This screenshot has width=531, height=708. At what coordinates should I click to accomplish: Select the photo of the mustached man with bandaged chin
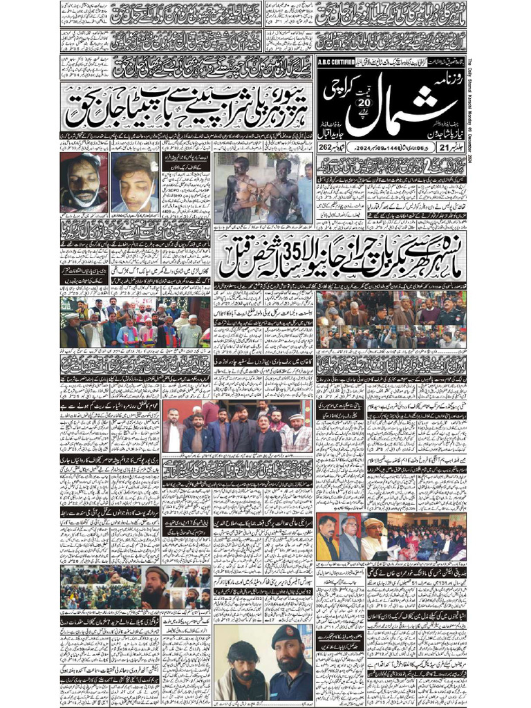83,183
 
